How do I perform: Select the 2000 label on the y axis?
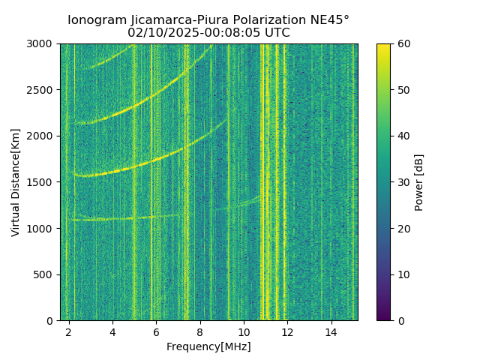[x=42, y=136]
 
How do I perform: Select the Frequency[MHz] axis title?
[x=208, y=346]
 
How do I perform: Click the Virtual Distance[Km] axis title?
[x=16, y=182]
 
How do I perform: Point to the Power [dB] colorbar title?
[x=419, y=182]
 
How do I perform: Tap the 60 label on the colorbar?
[x=404, y=43]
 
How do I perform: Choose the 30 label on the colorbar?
[x=404, y=182]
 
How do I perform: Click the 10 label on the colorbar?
[x=404, y=274]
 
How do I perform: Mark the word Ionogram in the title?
[x=94, y=20]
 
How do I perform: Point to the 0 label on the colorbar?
[x=401, y=321]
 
